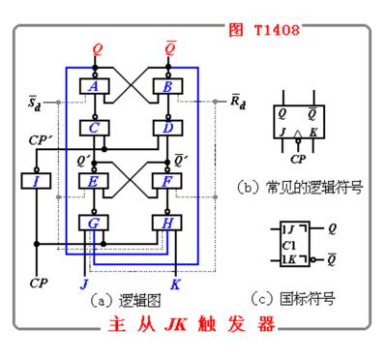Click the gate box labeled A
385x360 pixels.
coord(94,87)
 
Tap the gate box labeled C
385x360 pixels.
coord(94,127)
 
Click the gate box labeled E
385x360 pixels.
coord(94,180)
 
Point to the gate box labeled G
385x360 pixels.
coord(94,223)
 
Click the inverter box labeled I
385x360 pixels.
coord(35,180)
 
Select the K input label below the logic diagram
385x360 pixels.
coord(175,285)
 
